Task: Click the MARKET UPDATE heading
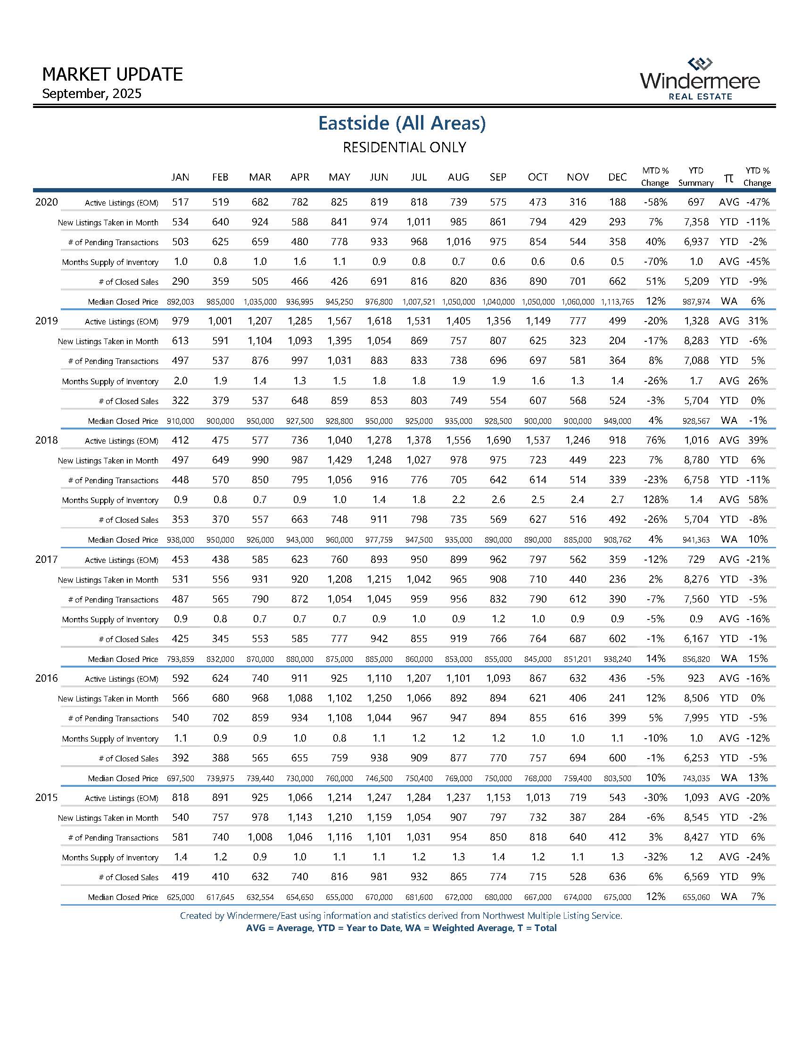pos(112,74)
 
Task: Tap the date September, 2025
pos(91,93)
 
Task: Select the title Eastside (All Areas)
pos(402,124)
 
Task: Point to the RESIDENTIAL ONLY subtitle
pos(404,147)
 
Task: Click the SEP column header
pos(497,177)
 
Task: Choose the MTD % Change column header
pos(654,177)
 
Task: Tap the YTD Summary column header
pos(695,177)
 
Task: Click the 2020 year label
pos(47,202)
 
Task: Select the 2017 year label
pos(47,559)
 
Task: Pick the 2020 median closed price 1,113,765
pos(617,302)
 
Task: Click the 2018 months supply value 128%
pos(655,500)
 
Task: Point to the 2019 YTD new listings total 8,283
pos(696,341)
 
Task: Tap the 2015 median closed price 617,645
pos(220,897)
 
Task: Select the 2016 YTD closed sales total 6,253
pos(696,758)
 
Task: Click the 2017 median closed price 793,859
pos(181,660)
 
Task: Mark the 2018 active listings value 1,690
pos(498,440)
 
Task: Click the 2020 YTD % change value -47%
pos(757,202)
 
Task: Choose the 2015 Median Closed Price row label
pos(123,897)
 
